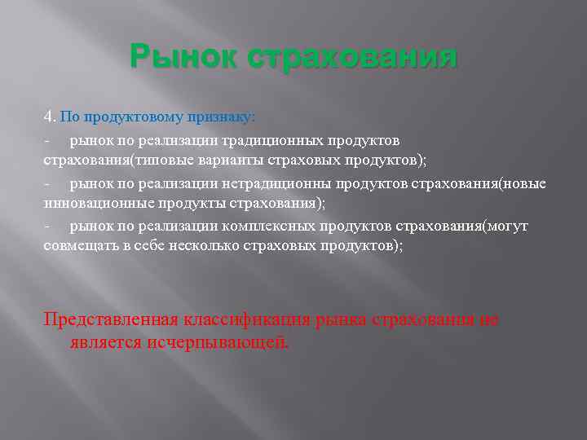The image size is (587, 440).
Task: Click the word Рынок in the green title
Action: point(183,59)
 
